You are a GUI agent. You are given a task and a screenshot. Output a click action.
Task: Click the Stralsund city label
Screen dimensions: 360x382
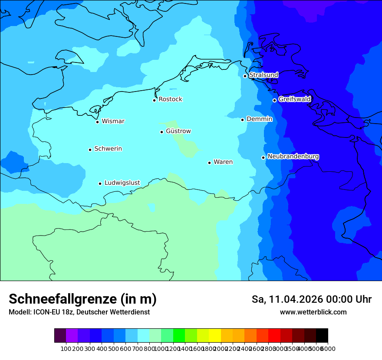263,75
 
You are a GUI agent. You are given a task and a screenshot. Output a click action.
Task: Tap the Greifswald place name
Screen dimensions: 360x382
294,99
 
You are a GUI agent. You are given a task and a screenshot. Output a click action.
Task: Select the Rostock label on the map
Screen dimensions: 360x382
170,99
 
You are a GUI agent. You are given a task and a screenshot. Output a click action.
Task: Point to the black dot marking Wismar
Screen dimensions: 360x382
98,122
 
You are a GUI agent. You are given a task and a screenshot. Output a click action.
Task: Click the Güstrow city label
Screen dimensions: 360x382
178,131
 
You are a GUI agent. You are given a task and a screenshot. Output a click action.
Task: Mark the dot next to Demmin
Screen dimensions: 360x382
243,120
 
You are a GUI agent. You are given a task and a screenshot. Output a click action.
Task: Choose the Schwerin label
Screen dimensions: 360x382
108,149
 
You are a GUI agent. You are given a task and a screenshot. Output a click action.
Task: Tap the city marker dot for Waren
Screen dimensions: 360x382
209,163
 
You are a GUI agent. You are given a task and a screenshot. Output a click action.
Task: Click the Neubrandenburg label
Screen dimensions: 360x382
293,157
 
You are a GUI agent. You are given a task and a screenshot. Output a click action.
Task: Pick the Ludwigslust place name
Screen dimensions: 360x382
122,183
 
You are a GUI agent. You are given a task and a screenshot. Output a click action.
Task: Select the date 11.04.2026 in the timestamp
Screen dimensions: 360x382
296,299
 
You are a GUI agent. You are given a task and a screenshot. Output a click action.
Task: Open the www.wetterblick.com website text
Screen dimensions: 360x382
313,312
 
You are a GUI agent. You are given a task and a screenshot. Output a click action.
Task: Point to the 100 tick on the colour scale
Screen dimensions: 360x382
66,349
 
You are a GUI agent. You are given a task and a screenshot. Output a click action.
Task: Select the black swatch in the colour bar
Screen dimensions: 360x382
322,336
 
